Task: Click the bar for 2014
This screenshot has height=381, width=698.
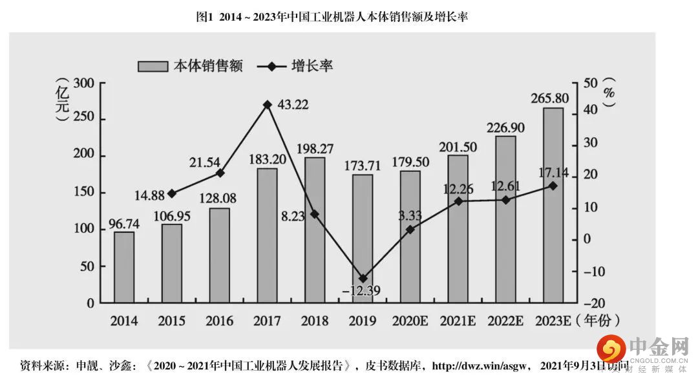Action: [x=124, y=267]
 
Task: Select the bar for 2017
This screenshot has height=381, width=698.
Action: [x=267, y=235]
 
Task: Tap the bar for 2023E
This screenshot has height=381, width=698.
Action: [x=553, y=205]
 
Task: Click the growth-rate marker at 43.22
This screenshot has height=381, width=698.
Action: [x=267, y=104]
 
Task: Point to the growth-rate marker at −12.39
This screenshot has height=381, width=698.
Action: [x=363, y=278]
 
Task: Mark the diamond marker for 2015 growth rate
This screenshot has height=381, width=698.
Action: [x=172, y=193]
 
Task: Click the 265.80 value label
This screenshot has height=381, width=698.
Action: [x=553, y=98]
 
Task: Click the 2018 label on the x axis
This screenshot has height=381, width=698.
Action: [x=314, y=320]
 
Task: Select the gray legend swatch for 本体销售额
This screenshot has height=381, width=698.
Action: [x=153, y=66]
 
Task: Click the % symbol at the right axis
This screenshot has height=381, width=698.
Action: [x=608, y=93]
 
